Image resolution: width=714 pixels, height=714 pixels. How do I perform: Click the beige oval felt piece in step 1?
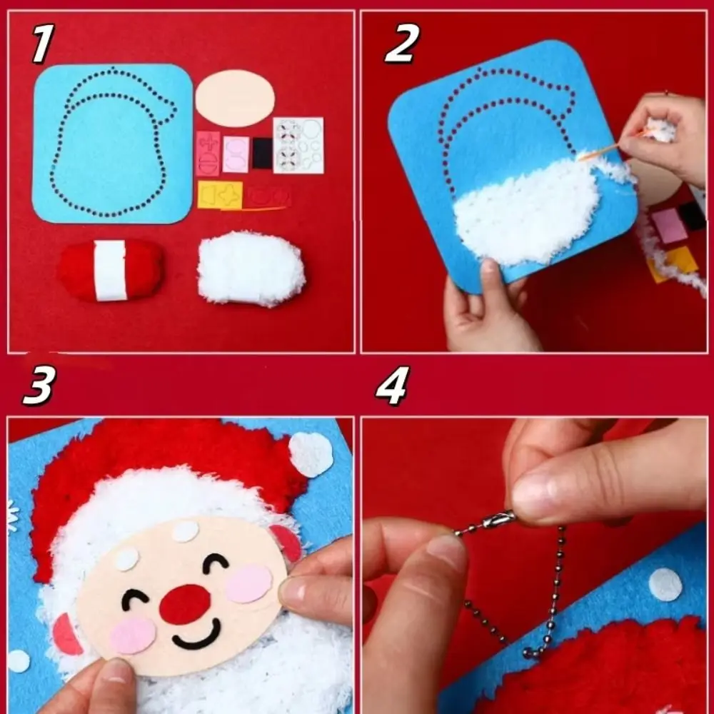(235, 99)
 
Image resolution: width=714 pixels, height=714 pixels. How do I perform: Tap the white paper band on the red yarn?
(110, 270)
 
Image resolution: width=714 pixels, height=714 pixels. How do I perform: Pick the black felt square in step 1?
(262, 153)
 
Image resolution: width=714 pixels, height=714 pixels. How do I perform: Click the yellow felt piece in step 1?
(219, 195)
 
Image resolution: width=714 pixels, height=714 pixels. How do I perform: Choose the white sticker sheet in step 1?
(298, 145)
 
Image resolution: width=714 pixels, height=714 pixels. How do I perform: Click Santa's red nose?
(185, 603)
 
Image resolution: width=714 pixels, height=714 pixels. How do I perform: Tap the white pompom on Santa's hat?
(311, 454)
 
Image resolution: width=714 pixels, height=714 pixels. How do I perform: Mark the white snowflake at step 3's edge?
(12, 516)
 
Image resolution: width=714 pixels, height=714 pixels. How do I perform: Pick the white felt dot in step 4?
(665, 584)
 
